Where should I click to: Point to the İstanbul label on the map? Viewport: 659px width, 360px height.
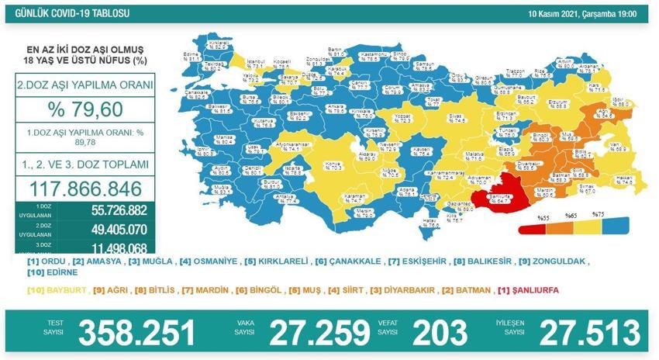[x=255, y=63]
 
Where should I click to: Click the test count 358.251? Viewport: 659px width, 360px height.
[x=138, y=333]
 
